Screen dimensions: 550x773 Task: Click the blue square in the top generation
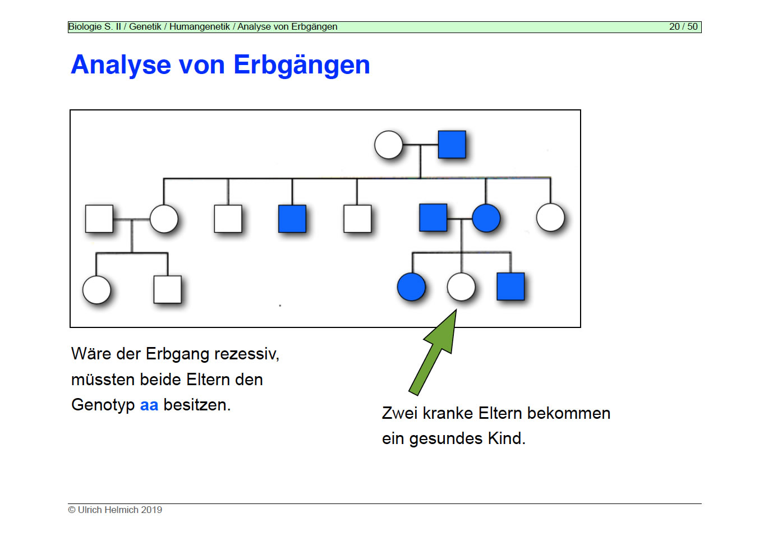[x=452, y=144]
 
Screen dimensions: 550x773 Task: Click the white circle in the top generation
[x=388, y=145]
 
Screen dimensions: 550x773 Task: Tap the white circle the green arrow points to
[x=461, y=286]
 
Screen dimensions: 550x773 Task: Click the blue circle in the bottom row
[x=411, y=286]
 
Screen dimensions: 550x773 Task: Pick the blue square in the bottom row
[x=510, y=286]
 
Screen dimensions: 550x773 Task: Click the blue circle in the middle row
[x=486, y=218]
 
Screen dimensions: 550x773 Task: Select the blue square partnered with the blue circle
[x=433, y=218]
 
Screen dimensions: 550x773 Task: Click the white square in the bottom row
[x=167, y=289]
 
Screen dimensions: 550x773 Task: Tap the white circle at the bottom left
[x=96, y=290]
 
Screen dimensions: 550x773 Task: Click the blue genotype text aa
[x=149, y=405]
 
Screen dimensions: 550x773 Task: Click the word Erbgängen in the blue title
[x=301, y=65]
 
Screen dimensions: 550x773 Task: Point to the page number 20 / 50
[x=683, y=27]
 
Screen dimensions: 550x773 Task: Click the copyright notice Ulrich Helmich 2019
[x=115, y=510]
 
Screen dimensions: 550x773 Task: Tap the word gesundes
[x=446, y=438]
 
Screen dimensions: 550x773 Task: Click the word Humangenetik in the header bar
[x=199, y=27]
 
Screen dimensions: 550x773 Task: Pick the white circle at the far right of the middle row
[x=550, y=218]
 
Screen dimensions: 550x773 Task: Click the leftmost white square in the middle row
[x=99, y=218]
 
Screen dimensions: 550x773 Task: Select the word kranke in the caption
[x=448, y=413]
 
